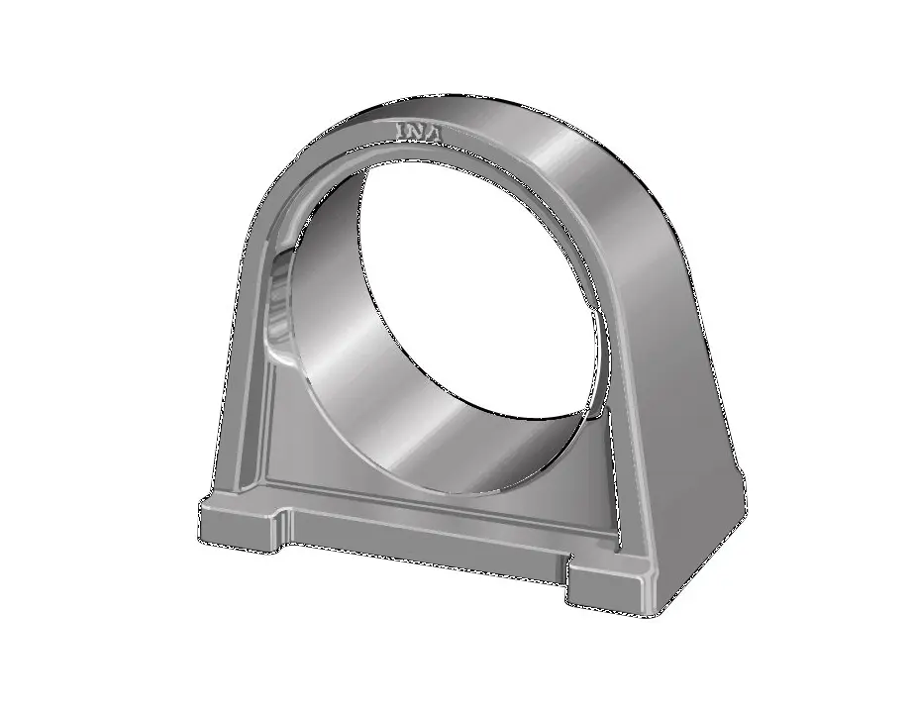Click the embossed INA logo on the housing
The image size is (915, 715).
tap(420, 132)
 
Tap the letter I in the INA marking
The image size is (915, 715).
tap(402, 131)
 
